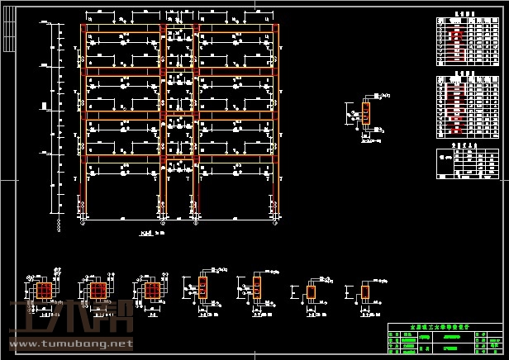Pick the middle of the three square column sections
(x=98, y=291)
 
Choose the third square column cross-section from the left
(x=151, y=291)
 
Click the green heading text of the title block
(x=444, y=327)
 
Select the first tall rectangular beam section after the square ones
(x=203, y=289)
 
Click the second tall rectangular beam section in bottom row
(x=257, y=289)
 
